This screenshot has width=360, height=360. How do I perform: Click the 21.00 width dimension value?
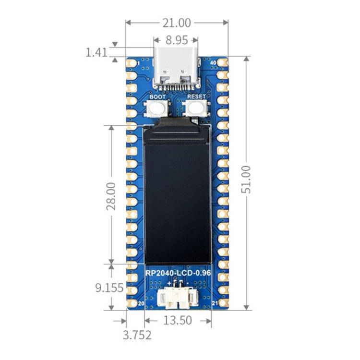177,23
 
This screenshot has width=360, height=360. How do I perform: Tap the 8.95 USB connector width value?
176,40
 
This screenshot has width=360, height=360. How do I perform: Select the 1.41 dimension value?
96,52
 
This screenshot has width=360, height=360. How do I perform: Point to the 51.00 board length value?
246,179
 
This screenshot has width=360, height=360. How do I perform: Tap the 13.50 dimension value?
178,321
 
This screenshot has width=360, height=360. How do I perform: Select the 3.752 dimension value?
137,335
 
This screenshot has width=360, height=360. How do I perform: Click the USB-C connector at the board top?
176,67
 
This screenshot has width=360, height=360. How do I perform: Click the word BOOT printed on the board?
157,96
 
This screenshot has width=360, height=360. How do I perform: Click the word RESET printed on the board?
196,96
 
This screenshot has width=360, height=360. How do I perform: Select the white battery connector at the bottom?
177,298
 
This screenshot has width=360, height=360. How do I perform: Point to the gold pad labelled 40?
222,62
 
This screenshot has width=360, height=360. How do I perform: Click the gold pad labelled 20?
131,303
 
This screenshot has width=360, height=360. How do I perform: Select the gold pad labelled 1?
131,63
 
